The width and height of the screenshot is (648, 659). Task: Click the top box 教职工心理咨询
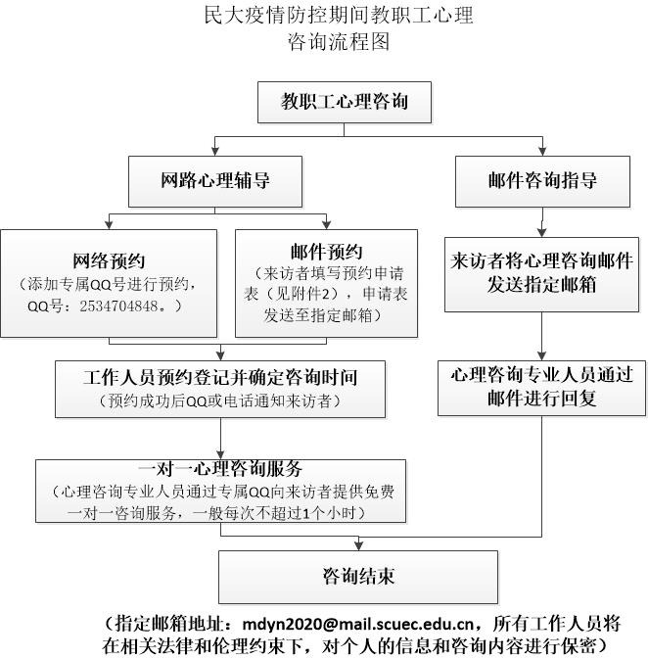pos(344,102)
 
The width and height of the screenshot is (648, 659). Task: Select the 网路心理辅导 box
pos(215,181)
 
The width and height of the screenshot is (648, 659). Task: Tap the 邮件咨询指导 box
pos(541,181)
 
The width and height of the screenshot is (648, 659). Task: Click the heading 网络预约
pos(109,260)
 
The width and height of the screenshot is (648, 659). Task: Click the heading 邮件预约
pos(326,253)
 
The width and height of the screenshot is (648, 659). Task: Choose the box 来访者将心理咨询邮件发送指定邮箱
pos(541,273)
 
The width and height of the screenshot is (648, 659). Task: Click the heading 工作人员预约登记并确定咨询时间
pos(219,375)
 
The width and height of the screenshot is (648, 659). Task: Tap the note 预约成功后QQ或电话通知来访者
pos(219,400)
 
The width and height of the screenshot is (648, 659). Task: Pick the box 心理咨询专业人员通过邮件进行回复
pos(541,386)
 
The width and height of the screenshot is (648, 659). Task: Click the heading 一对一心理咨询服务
pos(219,467)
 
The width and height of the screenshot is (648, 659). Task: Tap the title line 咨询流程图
pos(338,43)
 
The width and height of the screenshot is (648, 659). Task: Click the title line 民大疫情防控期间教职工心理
pos(338,16)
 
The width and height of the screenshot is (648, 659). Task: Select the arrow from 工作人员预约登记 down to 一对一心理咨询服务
pos(219,437)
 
